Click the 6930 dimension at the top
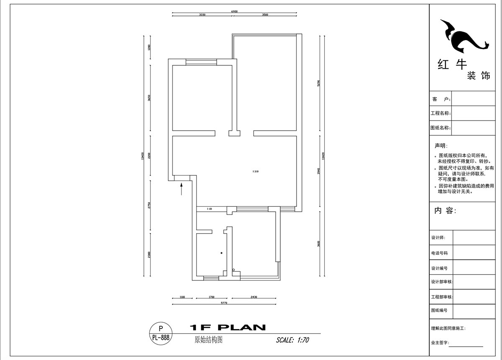tap(234, 11)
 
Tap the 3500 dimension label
tap(265, 15)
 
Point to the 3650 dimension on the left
tap(149, 98)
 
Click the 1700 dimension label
tap(212, 297)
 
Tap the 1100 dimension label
tap(182, 297)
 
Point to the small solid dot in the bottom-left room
tap(221, 253)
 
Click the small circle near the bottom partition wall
tap(234, 270)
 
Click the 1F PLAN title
tap(228, 327)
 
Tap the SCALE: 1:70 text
tap(292, 340)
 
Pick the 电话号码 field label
tap(440, 253)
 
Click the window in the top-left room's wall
tap(201, 62)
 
